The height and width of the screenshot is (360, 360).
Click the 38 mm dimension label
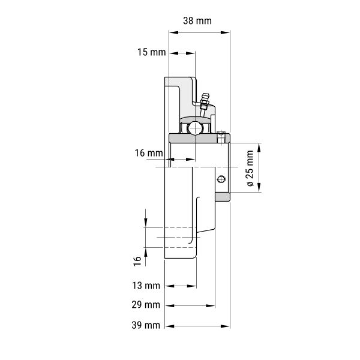[x=197, y=21]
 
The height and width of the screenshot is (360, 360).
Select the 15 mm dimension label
[x=152, y=52]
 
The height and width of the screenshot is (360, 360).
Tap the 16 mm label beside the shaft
[x=149, y=153]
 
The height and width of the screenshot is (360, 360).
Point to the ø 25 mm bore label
[x=250, y=168]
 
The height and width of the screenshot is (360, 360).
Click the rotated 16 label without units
[x=137, y=261]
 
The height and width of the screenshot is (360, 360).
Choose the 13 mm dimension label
[x=146, y=286]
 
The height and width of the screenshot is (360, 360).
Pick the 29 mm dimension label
[x=146, y=305]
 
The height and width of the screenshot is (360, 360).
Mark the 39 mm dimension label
[x=146, y=325]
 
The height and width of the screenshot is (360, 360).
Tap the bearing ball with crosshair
[x=195, y=128]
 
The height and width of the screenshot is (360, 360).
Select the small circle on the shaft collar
[x=221, y=179]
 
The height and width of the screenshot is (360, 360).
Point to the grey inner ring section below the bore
[x=222, y=197]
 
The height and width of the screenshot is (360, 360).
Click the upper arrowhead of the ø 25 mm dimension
[x=259, y=148]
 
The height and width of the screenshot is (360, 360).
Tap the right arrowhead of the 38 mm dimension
[x=225, y=32]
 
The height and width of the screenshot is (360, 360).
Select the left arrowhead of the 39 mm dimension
[x=170, y=326]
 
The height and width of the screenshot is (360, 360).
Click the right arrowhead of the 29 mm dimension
[x=211, y=306]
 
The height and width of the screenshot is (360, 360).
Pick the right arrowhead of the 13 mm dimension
[x=192, y=286]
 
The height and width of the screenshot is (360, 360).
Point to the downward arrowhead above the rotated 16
[x=146, y=223]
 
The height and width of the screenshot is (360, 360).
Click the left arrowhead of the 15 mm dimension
[x=174, y=53]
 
